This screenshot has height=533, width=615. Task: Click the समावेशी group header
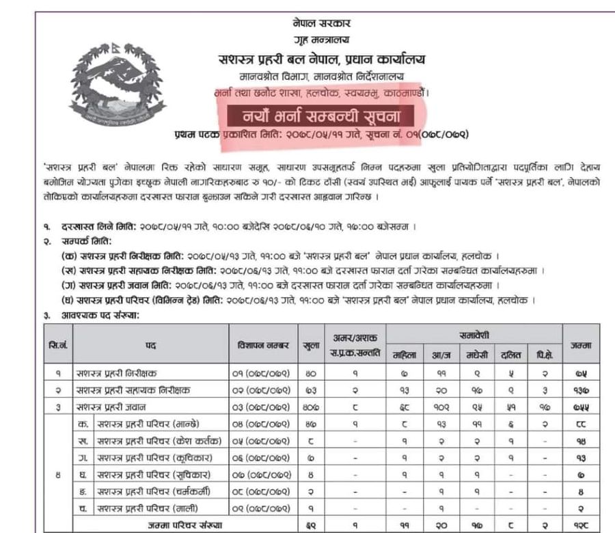pos(474,335)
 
